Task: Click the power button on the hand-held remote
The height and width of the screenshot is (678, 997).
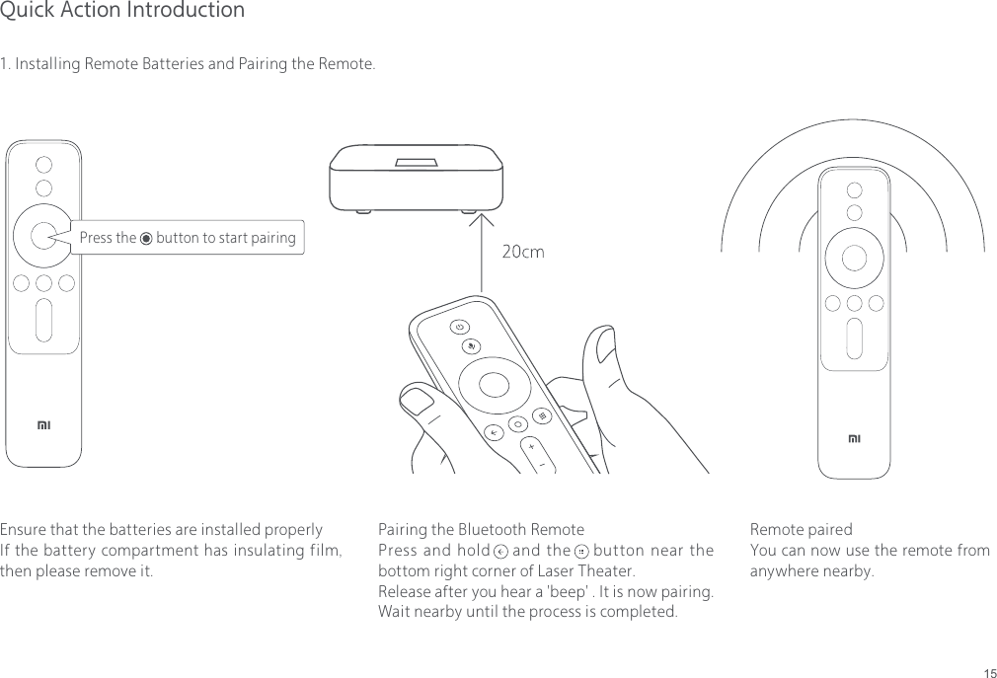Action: point(460,327)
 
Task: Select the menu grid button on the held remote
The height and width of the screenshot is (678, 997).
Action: point(542,415)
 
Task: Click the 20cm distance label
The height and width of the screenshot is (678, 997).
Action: point(523,252)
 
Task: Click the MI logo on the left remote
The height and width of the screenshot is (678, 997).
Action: point(43,425)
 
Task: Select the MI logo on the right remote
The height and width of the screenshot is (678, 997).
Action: point(855,437)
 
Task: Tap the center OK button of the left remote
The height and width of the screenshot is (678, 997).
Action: point(41,235)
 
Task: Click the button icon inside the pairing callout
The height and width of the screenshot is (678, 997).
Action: point(146,238)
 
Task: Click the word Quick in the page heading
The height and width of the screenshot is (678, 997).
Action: point(27,11)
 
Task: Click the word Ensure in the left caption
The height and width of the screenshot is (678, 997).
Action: point(24,530)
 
